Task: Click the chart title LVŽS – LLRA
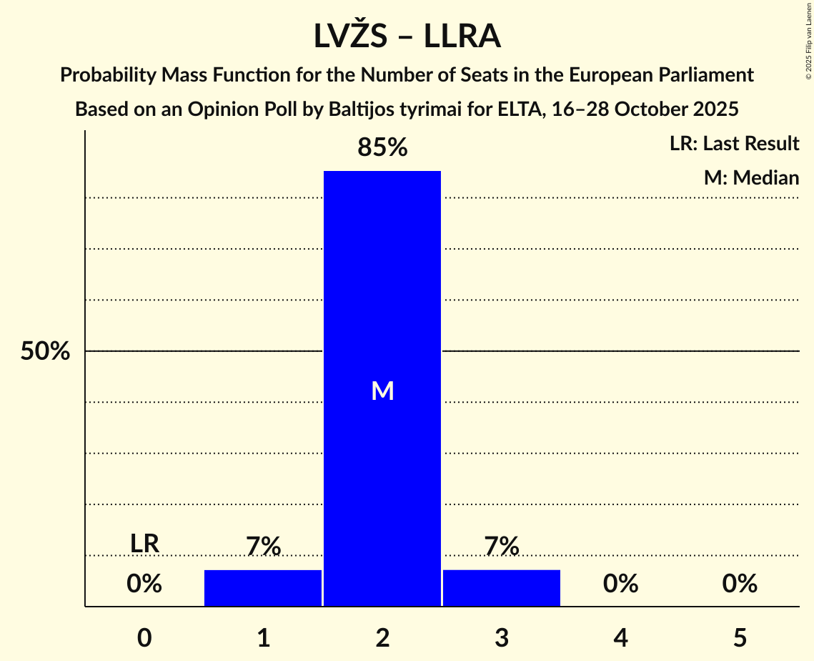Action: [407, 36]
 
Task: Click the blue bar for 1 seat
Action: [263, 588]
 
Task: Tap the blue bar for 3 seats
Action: [501, 588]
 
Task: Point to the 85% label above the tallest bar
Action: [382, 148]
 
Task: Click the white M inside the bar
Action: [382, 391]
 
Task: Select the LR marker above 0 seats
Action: [144, 544]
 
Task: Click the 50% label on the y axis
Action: [45, 351]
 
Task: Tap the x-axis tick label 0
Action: [144, 637]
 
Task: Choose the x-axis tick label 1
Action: [263, 637]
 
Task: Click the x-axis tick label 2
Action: [382, 637]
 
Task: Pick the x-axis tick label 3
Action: [501, 637]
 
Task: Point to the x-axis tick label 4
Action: [620, 637]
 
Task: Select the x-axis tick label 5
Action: [740, 637]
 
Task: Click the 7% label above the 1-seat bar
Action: [263, 547]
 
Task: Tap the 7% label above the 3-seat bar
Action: [501, 547]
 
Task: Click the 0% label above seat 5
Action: [740, 584]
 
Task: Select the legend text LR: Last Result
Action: [734, 144]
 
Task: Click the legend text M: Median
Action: [751, 177]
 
